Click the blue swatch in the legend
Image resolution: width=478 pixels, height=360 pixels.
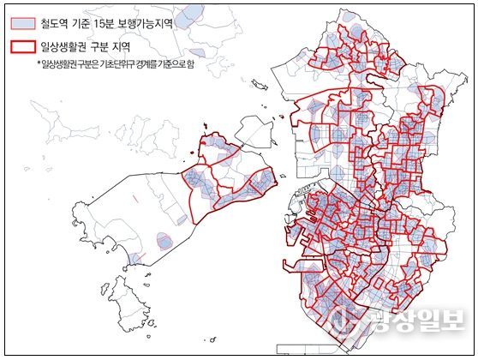tap(23, 24)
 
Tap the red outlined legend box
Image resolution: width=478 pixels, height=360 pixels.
tap(23, 49)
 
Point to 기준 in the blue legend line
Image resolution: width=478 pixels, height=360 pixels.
tap(88, 24)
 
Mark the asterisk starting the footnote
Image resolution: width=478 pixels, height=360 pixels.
tap(38, 64)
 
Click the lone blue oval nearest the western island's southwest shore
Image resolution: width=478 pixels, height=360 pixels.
tap(163, 242)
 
